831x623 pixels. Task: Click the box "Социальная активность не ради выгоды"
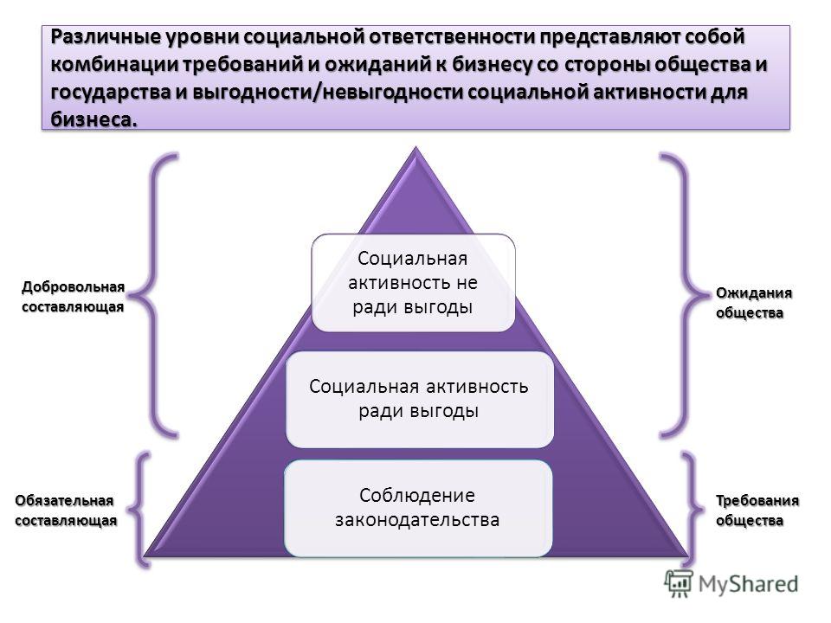413,283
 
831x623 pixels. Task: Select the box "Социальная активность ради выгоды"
419,399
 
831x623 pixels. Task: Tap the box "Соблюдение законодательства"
417,508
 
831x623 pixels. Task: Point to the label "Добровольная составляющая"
73,297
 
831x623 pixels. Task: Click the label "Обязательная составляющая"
66,511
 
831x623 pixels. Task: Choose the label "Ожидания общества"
754,303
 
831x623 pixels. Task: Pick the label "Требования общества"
757,511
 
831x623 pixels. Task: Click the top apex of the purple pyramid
416,148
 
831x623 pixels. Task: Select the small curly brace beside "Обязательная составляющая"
138,510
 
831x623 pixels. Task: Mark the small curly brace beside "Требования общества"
692,510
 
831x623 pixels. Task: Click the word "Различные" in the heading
106,37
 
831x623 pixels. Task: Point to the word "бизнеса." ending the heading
93,119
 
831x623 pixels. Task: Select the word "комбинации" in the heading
115,65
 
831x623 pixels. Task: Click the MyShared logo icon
679,584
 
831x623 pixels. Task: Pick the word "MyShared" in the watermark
748,584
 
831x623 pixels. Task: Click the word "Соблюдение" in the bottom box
417,495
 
